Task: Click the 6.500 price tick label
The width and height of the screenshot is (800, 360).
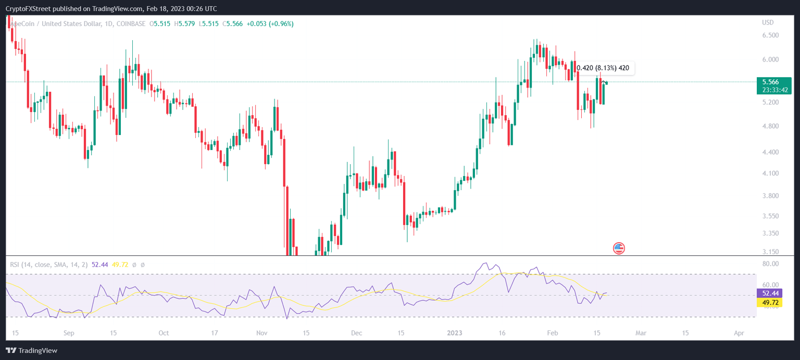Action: [x=770, y=35]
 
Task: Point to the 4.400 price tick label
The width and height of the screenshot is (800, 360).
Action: [x=770, y=152]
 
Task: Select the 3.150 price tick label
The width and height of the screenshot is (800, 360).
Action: [x=770, y=252]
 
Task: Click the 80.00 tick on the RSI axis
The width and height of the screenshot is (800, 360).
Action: [x=770, y=264]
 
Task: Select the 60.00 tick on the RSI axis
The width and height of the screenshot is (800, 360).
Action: [x=770, y=285]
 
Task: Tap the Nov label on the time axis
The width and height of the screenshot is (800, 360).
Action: [x=262, y=333]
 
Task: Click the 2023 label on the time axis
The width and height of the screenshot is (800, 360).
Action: [x=455, y=333]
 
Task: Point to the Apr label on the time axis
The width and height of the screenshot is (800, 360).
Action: [x=739, y=333]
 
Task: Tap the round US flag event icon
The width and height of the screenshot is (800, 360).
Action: [x=619, y=248]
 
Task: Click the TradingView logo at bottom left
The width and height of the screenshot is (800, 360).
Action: [x=32, y=351]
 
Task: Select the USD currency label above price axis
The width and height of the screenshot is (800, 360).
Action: [x=768, y=22]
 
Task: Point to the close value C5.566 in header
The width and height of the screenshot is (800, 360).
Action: [x=232, y=24]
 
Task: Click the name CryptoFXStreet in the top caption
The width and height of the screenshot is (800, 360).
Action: [x=28, y=9]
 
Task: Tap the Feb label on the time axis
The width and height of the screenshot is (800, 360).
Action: [x=553, y=333]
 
